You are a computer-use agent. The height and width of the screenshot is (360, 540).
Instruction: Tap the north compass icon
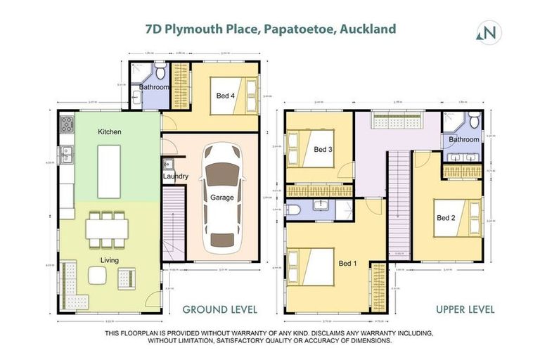489,32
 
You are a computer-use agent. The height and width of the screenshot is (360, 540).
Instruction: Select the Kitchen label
111,131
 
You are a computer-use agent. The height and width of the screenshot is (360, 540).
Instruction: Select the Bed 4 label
224,96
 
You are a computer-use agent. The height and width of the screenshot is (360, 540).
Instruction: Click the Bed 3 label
323,149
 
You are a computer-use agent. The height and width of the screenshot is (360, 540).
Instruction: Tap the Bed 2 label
446,217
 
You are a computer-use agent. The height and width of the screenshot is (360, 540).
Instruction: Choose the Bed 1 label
348,263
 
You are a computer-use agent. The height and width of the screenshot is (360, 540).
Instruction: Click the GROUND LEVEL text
220,309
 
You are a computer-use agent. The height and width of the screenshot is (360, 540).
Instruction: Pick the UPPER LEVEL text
465,309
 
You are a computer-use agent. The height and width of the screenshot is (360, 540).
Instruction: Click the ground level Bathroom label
153,87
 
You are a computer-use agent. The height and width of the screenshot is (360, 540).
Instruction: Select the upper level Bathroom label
464,139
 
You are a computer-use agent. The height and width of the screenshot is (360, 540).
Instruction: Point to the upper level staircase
399,204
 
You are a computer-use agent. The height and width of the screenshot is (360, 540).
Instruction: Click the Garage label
222,198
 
